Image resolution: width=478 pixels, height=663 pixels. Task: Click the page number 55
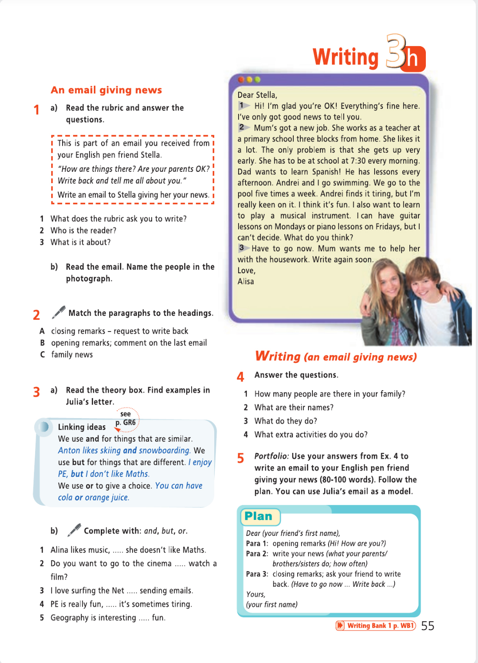428,626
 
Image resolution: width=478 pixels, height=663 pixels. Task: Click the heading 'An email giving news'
106,90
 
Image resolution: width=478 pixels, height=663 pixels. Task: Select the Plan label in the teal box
259,516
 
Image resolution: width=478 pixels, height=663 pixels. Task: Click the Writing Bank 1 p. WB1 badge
376,626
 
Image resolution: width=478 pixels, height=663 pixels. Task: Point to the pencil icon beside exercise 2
59,311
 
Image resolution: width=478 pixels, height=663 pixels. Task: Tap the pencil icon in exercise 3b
74,529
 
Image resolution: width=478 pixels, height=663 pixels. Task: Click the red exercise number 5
241,458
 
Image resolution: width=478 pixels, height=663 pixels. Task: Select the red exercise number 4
241,377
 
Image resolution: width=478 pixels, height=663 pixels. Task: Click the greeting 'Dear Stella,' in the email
257,95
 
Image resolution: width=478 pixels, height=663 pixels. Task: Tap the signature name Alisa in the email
246,281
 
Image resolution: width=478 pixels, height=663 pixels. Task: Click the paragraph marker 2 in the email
242,127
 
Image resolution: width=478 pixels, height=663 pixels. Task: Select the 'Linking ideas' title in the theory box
82,427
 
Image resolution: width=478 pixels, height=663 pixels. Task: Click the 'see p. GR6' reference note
126,419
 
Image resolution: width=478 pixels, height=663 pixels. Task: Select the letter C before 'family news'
42,355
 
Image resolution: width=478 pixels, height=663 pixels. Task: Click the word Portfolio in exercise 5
271,456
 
